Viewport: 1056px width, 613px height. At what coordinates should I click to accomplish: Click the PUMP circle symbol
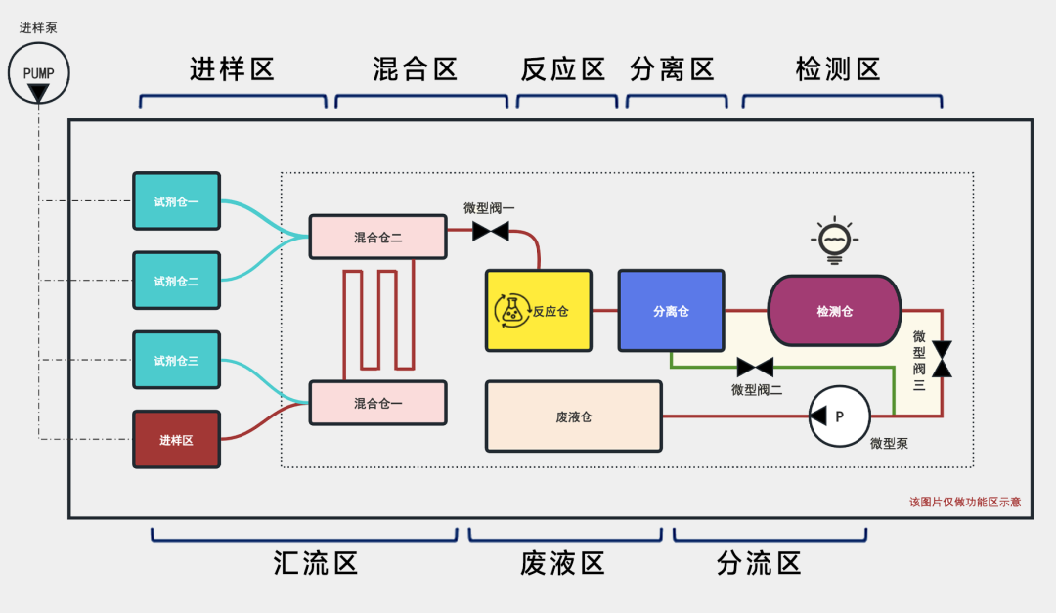tap(38, 73)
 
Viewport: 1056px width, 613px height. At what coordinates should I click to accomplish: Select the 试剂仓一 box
tap(177, 201)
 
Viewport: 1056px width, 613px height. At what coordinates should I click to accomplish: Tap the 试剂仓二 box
tap(177, 281)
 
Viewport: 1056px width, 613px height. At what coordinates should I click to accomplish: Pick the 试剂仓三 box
tap(177, 361)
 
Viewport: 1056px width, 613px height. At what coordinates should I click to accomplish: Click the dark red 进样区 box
tap(177, 440)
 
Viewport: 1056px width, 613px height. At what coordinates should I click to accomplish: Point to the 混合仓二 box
tap(377, 237)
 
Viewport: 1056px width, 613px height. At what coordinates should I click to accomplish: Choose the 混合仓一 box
tap(377, 403)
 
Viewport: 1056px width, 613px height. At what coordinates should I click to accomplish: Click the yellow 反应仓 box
tap(539, 311)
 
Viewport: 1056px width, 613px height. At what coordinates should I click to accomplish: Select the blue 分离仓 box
tap(671, 311)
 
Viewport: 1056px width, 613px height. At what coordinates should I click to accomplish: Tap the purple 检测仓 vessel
tap(834, 311)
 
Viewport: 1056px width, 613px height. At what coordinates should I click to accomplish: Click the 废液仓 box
tap(574, 416)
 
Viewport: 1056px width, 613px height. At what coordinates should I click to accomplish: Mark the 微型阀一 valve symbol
tap(490, 232)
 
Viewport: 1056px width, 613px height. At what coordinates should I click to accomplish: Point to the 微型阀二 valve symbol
tap(755, 368)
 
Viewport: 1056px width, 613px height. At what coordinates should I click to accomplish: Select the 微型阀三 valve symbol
tap(942, 358)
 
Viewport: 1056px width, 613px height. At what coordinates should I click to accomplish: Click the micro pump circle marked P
tap(839, 416)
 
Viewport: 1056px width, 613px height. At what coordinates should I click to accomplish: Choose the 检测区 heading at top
tap(839, 69)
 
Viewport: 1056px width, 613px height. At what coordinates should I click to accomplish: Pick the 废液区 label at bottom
tap(562, 563)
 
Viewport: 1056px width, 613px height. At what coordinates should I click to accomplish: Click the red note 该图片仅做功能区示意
tap(964, 502)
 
